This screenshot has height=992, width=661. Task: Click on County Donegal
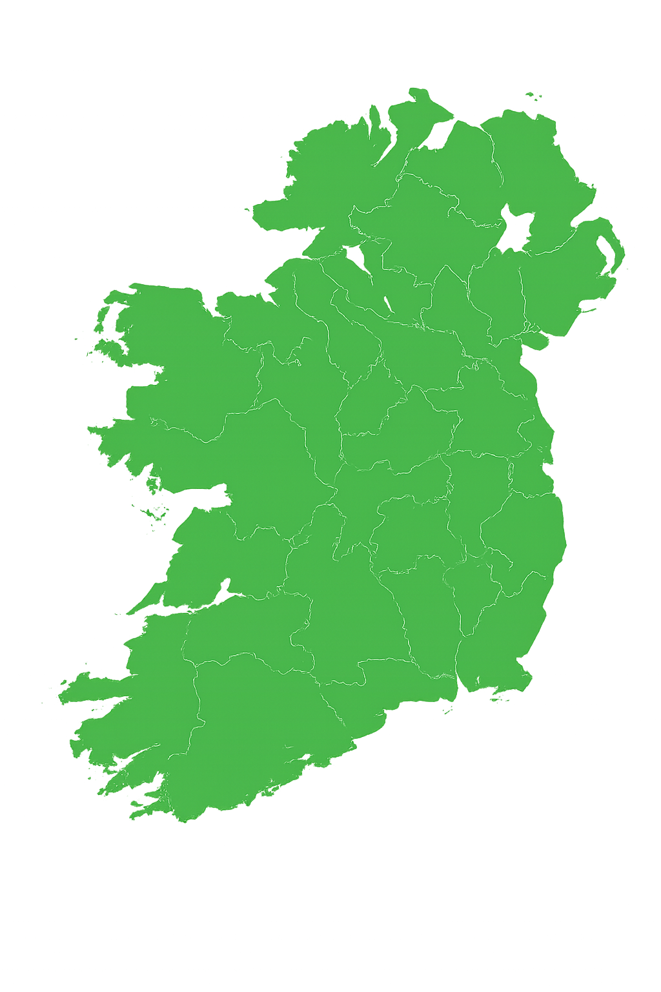coord(329,174)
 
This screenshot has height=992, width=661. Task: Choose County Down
coord(562,284)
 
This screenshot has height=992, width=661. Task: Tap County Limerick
coord(245,626)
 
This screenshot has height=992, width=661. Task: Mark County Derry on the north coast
coord(452,161)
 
